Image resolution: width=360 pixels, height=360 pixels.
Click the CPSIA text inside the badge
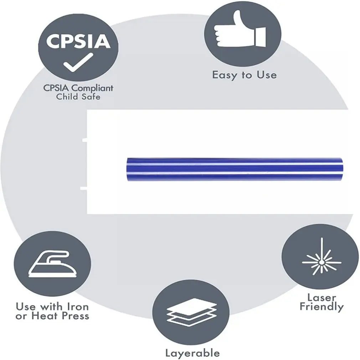[78, 42]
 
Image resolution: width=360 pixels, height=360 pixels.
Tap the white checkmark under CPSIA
[78, 62]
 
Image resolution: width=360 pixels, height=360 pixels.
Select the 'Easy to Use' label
[244, 75]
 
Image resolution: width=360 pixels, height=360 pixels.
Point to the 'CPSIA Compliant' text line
[78, 87]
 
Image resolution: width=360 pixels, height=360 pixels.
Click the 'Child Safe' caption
[78, 96]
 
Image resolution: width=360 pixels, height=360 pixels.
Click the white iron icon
[52, 264]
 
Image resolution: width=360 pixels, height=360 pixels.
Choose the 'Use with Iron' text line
[52, 307]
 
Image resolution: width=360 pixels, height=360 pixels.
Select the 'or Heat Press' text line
[52, 316]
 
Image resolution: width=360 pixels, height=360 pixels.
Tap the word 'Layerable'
[192, 353]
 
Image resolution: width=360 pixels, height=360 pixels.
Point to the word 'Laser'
[322, 297]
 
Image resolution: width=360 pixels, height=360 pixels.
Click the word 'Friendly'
[322, 307]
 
